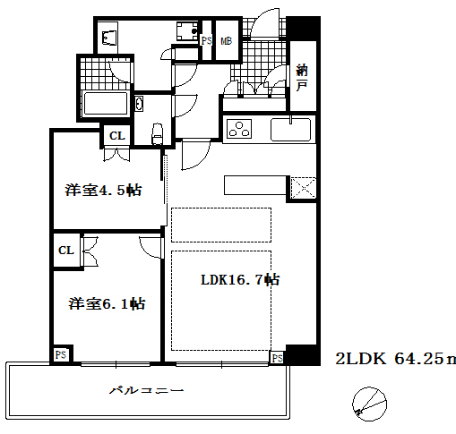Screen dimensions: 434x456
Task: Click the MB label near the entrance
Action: [224, 40]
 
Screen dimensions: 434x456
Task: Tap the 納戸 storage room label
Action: [303, 79]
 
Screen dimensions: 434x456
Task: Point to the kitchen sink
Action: [290, 130]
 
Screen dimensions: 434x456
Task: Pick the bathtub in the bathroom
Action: [107, 102]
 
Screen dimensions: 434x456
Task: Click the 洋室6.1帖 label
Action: [106, 303]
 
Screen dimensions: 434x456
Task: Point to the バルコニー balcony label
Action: [147, 391]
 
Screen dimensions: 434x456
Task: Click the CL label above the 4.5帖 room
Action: [117, 135]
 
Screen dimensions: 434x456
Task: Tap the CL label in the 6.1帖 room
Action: [66, 250]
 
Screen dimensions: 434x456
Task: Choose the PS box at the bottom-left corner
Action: [61, 355]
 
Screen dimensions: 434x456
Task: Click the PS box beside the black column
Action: [277, 358]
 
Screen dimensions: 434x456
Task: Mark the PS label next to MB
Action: [206, 40]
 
